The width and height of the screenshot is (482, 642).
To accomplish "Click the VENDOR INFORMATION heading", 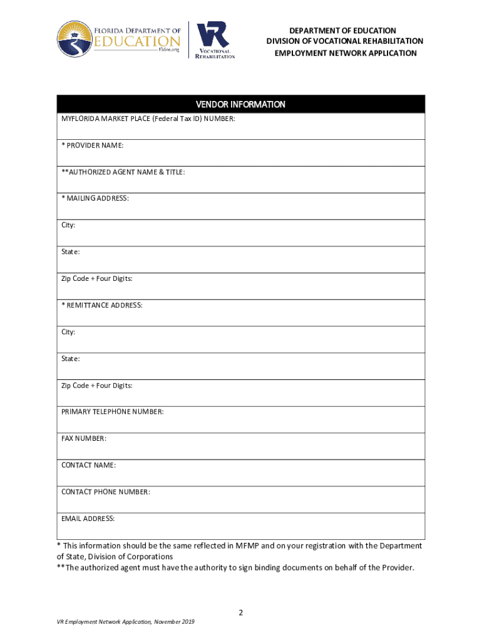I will (x=240, y=104).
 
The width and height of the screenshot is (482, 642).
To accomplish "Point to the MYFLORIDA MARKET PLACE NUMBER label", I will (x=148, y=119).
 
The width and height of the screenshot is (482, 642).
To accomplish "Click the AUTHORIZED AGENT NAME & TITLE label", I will (x=123, y=172).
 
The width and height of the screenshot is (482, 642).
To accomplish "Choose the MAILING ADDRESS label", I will (x=95, y=198).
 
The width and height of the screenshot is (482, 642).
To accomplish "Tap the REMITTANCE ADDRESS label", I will (x=102, y=305).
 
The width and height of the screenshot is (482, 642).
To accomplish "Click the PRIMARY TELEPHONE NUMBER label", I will (x=113, y=412).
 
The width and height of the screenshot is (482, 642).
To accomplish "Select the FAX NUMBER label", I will (x=84, y=438).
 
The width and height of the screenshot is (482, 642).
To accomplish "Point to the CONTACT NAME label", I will (x=88, y=465).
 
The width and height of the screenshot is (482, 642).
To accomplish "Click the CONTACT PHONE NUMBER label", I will (x=106, y=492).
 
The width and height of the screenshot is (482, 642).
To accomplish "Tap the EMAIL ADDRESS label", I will (x=88, y=518).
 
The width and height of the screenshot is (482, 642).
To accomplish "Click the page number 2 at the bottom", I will (x=240, y=611).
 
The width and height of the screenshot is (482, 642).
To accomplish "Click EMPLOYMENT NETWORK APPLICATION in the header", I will (x=346, y=53).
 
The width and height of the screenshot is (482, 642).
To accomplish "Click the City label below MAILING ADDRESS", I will (x=68, y=225).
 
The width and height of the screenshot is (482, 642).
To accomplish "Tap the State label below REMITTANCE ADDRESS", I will (x=70, y=359).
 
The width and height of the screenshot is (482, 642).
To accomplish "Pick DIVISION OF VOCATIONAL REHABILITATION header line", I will (x=345, y=41).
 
